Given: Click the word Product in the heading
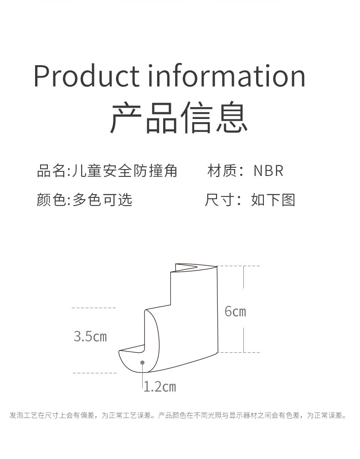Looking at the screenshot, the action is pyautogui.click(x=86, y=76).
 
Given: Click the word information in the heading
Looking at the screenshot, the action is pyautogui.click(x=226, y=76).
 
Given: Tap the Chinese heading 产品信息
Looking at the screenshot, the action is pyautogui.click(x=179, y=118).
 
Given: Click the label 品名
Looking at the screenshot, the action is pyautogui.click(x=51, y=171).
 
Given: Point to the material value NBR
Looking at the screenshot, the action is pyautogui.click(x=268, y=171).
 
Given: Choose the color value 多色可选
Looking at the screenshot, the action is pyautogui.click(x=103, y=200).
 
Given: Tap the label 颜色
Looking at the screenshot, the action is pyautogui.click(x=51, y=200).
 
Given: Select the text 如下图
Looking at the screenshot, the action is pyautogui.click(x=273, y=200).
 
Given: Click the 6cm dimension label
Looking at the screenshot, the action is pyautogui.click(x=235, y=312).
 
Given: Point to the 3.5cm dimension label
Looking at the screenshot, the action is pyautogui.click(x=90, y=337).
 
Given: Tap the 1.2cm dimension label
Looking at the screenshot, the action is pyautogui.click(x=159, y=387).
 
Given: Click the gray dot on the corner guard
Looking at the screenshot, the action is pyautogui.click(x=143, y=362).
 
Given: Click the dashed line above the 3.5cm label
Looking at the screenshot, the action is pyautogui.click(x=94, y=308).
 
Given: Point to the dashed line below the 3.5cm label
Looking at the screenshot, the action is pyautogui.click(x=94, y=373).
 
